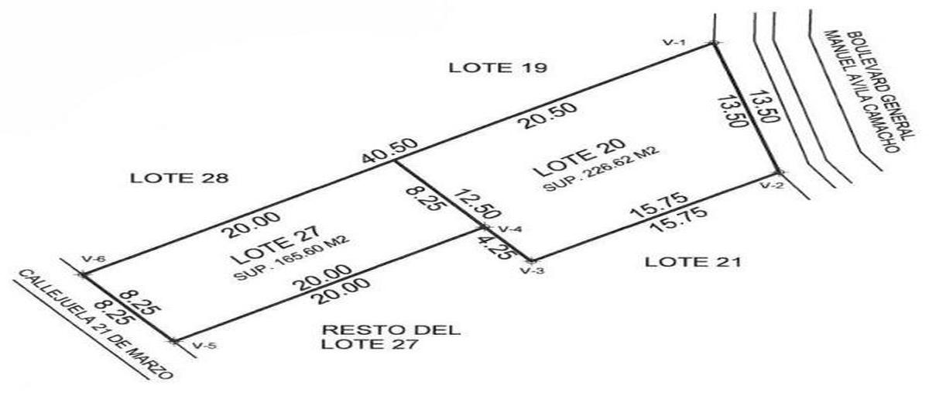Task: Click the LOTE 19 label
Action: click(498, 67)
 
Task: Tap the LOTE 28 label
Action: click(179, 178)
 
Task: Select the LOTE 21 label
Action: click(693, 262)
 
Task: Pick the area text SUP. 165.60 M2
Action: click(292, 258)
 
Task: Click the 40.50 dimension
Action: click(389, 151)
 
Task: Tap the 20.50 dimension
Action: click(549, 115)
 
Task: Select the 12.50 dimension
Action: click(476, 205)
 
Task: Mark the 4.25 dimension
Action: click(495, 247)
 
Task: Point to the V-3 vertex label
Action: click(532, 271)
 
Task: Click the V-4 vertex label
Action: click(509, 229)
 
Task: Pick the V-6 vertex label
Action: click(94, 259)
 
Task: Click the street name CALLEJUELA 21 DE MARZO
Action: click(95, 325)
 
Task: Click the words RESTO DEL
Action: click(392, 330)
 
